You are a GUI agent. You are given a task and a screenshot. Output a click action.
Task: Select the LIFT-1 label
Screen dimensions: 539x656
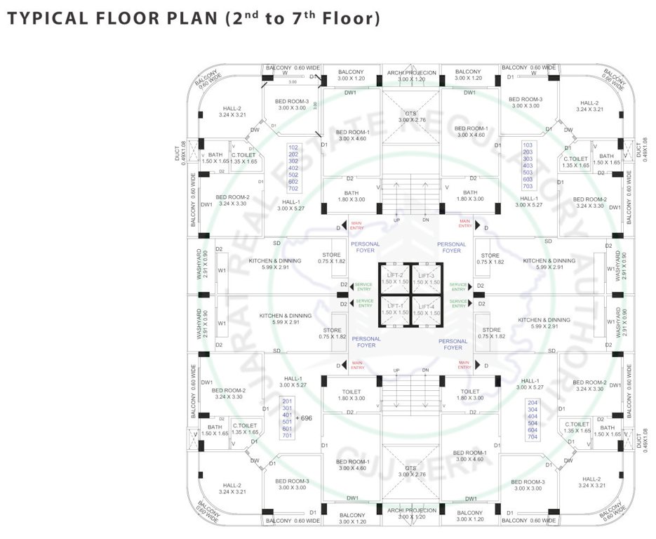[x=393, y=306]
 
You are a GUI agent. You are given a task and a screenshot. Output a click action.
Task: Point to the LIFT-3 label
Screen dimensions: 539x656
[x=427, y=274]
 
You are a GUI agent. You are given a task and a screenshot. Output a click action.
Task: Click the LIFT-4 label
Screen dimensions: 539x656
[x=427, y=306]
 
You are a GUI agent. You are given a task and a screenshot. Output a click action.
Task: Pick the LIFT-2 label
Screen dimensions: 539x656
[x=393, y=274]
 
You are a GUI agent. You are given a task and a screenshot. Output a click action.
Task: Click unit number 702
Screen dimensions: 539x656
[x=293, y=189]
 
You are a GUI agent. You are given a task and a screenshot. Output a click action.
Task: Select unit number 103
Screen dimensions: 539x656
[x=528, y=145]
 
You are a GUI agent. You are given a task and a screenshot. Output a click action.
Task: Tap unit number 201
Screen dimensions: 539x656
[x=286, y=401]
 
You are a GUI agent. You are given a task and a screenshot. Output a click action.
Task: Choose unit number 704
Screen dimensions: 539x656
[x=533, y=437]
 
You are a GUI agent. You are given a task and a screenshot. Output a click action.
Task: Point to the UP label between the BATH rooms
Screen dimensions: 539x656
[x=397, y=220]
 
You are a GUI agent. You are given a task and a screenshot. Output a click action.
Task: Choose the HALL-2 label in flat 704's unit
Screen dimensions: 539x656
[x=591, y=479]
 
